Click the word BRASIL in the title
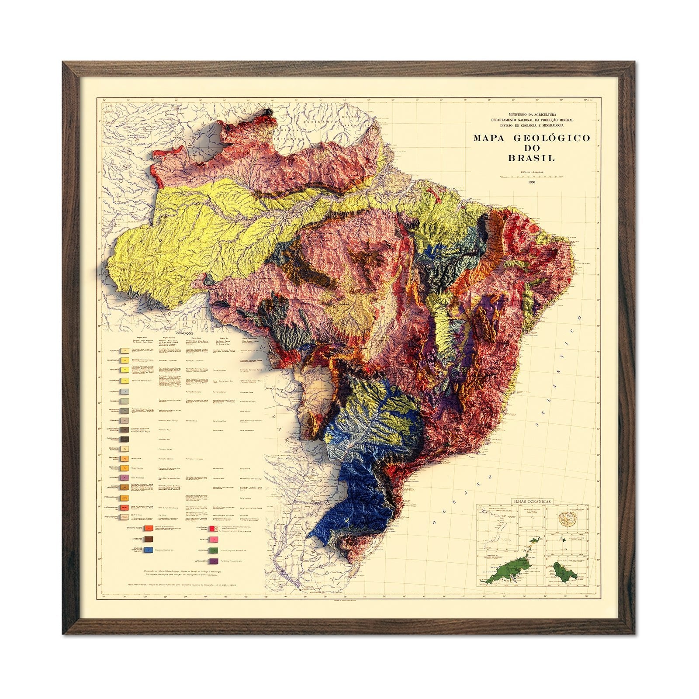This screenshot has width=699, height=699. tap(531, 158)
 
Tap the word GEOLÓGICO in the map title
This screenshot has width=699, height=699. tap(551, 138)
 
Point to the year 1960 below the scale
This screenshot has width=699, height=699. tap(531, 182)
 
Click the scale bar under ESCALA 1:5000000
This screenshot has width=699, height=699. tap(531, 176)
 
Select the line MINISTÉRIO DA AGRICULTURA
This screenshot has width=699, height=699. tap(532, 114)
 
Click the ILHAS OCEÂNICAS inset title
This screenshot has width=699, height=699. tap(532, 502)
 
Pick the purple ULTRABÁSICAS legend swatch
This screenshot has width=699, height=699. tap(214, 561)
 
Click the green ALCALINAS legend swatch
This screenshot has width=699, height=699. tap(214, 550)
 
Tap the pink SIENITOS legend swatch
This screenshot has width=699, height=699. tap(214, 540)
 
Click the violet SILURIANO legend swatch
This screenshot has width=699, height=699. tap(125, 478)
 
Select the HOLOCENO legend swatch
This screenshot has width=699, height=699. tap(125, 350)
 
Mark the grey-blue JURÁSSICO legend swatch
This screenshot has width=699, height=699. tap(125, 391)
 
